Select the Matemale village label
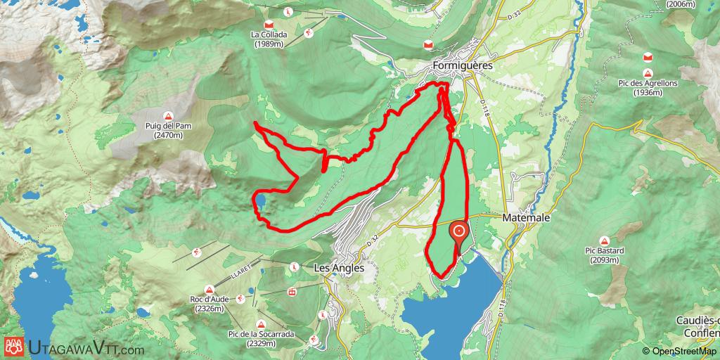(526, 219)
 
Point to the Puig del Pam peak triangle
(169, 116)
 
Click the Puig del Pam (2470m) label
(169, 131)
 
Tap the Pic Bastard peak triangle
(604, 240)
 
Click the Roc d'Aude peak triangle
(210, 290)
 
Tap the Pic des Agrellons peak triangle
(648, 73)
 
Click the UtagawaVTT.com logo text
(86, 348)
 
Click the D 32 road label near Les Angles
(373, 240)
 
